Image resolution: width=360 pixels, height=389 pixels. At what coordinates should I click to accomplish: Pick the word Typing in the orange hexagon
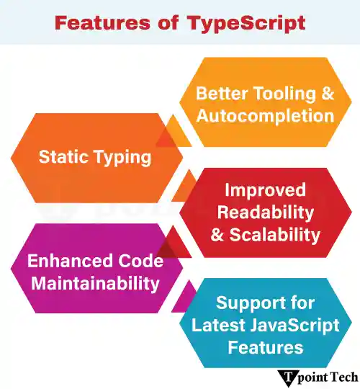(x=124, y=156)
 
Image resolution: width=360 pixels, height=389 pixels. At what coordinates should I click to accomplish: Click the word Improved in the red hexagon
(x=265, y=190)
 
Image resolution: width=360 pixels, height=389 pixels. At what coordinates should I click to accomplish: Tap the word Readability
(x=265, y=212)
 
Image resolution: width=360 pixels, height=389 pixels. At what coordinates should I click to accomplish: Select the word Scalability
(x=275, y=234)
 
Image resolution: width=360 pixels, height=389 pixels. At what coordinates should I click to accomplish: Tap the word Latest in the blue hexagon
(x=219, y=324)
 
